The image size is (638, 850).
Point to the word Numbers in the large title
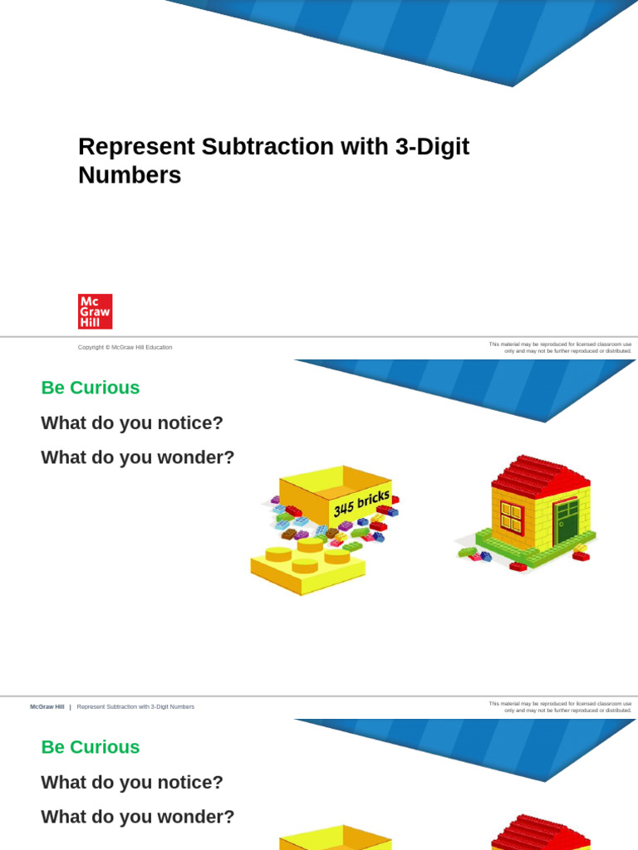click(130, 175)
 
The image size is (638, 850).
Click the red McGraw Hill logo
click(95, 311)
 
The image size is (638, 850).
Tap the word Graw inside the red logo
click(95, 311)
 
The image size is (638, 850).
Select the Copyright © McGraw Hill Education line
click(125, 347)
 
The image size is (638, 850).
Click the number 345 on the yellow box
click(343, 507)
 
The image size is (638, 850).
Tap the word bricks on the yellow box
click(373, 499)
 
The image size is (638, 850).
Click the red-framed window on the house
click(512, 517)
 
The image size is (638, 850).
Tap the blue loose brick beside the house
click(486, 556)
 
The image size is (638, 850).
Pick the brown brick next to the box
click(288, 535)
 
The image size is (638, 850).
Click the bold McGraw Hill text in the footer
click(47, 707)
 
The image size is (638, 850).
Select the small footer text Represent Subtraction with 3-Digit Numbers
click(135, 707)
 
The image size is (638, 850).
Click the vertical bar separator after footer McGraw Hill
click(70, 707)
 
